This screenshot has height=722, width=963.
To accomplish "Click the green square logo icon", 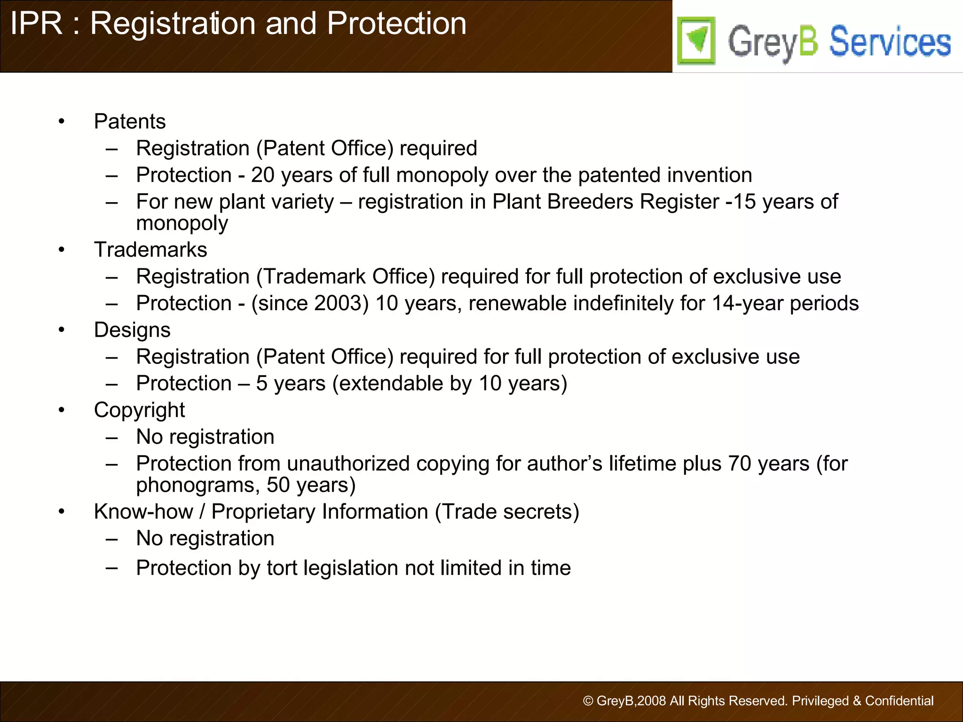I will click(x=696, y=40).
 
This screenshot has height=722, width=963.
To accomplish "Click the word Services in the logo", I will click(x=890, y=42).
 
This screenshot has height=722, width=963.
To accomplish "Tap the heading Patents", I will click(x=130, y=122).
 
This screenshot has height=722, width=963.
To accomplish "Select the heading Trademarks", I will click(x=150, y=250).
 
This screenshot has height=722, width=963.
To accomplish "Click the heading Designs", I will click(x=132, y=330).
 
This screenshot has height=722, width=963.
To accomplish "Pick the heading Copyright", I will click(x=139, y=410).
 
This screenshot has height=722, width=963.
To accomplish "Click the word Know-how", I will click(x=143, y=512).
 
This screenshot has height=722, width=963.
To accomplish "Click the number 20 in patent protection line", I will click(x=262, y=175).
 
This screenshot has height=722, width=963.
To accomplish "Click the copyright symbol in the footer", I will click(x=588, y=701).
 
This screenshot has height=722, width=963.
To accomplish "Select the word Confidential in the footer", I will click(x=899, y=701).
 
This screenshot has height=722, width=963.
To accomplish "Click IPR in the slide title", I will click(x=36, y=23).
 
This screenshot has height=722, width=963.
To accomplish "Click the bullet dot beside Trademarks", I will click(x=62, y=250).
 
